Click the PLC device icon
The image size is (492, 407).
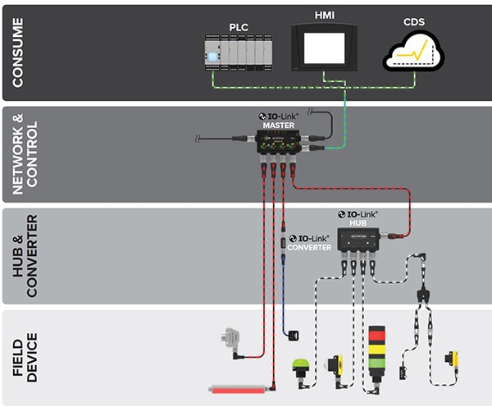click(239, 54)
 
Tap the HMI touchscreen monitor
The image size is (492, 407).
click(325, 46)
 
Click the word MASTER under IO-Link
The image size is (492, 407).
click(280, 126)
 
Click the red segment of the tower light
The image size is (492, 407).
click(378, 335)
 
